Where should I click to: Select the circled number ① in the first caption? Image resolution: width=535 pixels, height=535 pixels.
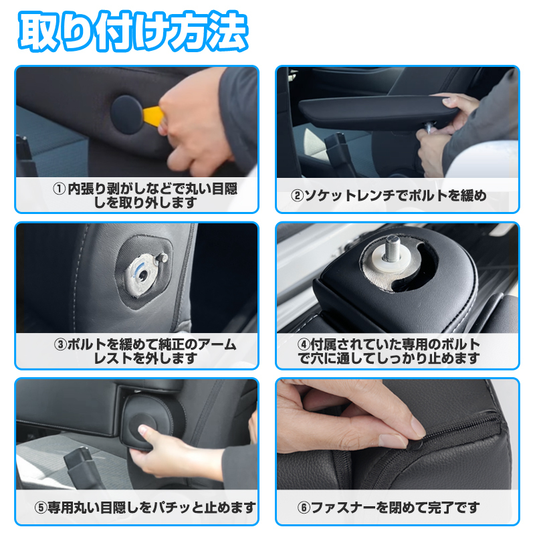59,189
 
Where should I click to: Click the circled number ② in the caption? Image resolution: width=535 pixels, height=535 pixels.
298,196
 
